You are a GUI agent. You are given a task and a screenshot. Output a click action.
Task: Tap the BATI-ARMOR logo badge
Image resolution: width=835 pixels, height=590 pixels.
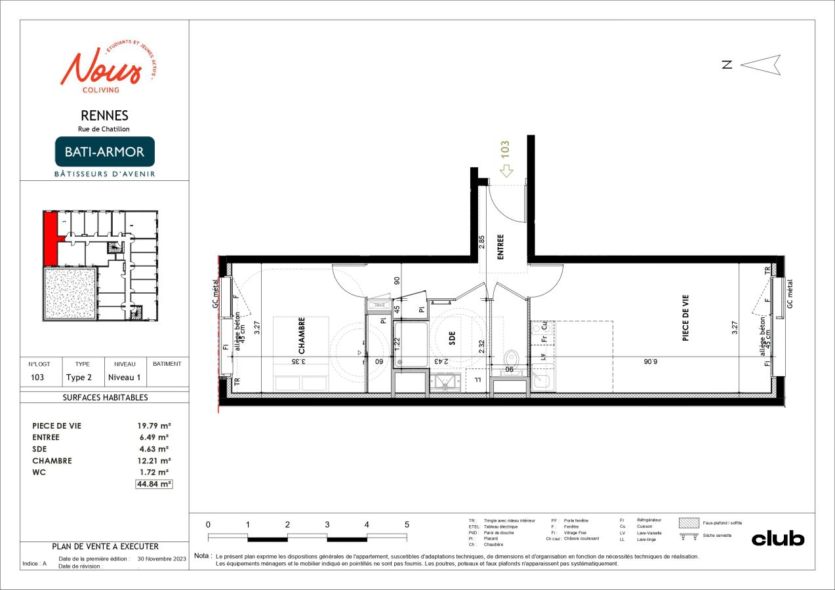point(105,151)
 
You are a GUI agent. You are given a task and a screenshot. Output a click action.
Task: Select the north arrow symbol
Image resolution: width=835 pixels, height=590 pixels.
point(760,64)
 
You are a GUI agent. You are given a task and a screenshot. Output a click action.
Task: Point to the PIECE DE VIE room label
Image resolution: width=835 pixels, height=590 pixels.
point(685,321)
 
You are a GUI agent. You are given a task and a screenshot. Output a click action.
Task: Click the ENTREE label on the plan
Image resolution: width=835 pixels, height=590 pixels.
point(500,248)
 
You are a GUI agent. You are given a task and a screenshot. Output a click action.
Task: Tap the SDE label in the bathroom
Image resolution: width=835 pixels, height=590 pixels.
point(452,338)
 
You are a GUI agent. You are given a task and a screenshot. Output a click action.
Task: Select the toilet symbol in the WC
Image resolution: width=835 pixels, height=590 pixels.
point(512,359)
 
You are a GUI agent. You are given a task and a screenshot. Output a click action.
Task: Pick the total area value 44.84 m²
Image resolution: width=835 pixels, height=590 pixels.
point(153,484)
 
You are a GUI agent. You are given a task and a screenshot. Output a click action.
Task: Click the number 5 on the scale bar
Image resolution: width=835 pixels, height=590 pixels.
point(407,524)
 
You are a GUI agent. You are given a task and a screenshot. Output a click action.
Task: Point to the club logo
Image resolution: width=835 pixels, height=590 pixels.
point(777,538)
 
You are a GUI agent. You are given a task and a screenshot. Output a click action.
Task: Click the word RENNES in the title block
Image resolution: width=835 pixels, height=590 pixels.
point(104,116)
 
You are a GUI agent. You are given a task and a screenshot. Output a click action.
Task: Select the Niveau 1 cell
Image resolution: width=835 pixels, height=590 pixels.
point(124,378)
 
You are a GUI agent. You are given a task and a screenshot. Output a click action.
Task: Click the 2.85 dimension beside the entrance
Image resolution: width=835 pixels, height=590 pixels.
point(481,240)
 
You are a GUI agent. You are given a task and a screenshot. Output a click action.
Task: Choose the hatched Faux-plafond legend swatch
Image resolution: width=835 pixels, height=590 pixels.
point(689,522)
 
